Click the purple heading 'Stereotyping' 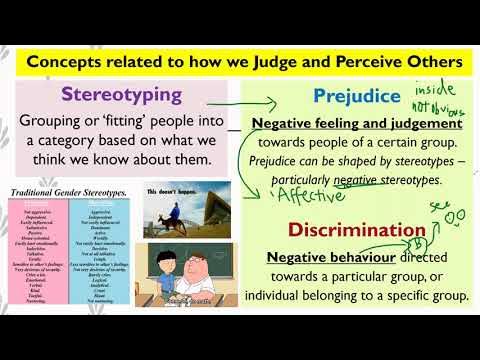tap(122, 95)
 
